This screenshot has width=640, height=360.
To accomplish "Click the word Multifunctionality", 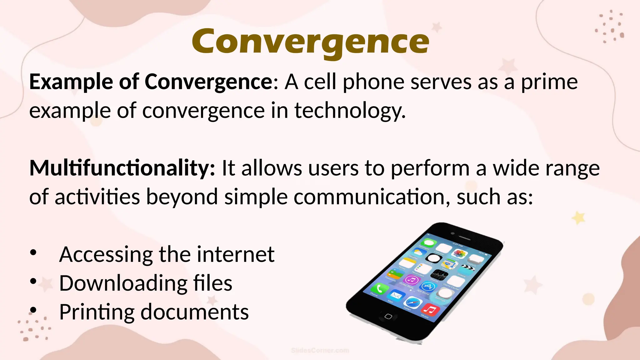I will pyautogui.click(x=122, y=168).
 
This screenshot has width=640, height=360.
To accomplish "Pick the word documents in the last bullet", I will pyautogui.click(x=194, y=312).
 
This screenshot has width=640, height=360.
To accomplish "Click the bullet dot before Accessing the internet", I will pyautogui.click(x=33, y=252).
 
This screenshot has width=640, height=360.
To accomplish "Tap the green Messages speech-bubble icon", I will pyautogui.click(x=428, y=243).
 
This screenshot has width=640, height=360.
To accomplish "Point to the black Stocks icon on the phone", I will pyautogui.click(x=439, y=275).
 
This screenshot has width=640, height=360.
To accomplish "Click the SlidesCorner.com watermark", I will pyautogui.click(x=320, y=351).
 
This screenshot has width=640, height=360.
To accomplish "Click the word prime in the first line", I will pyautogui.click(x=549, y=82).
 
